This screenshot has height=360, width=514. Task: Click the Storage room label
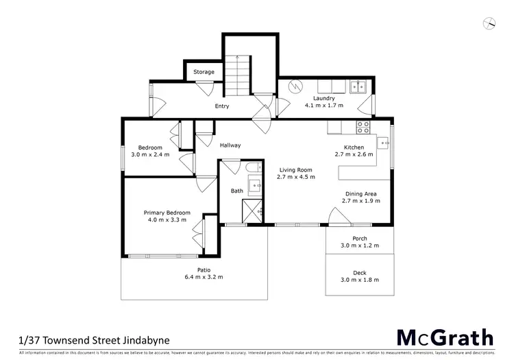[x=204, y=72]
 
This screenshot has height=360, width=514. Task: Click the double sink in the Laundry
[x=358, y=86]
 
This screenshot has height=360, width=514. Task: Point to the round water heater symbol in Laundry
[x=295, y=87]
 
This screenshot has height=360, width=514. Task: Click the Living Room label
[x=295, y=169]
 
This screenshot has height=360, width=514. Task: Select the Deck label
[x=360, y=272]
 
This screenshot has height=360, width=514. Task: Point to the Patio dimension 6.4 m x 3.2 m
[x=204, y=277]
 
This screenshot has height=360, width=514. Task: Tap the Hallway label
[x=230, y=145]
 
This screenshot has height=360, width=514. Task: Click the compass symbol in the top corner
[x=489, y=23]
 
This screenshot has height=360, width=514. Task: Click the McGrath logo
[x=445, y=337]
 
